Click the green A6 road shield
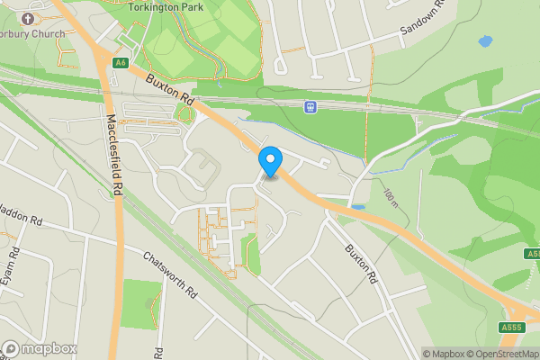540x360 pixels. (x=121, y=62)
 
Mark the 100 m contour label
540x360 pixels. (x=391, y=197)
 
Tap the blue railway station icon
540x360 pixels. (x=311, y=107)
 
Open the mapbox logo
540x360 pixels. (x=39, y=348)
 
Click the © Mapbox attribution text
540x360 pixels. (x=444, y=354)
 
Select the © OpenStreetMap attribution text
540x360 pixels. (x=503, y=354)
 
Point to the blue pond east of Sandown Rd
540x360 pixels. (x=485, y=41)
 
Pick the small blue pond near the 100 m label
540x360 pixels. (x=358, y=207)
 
